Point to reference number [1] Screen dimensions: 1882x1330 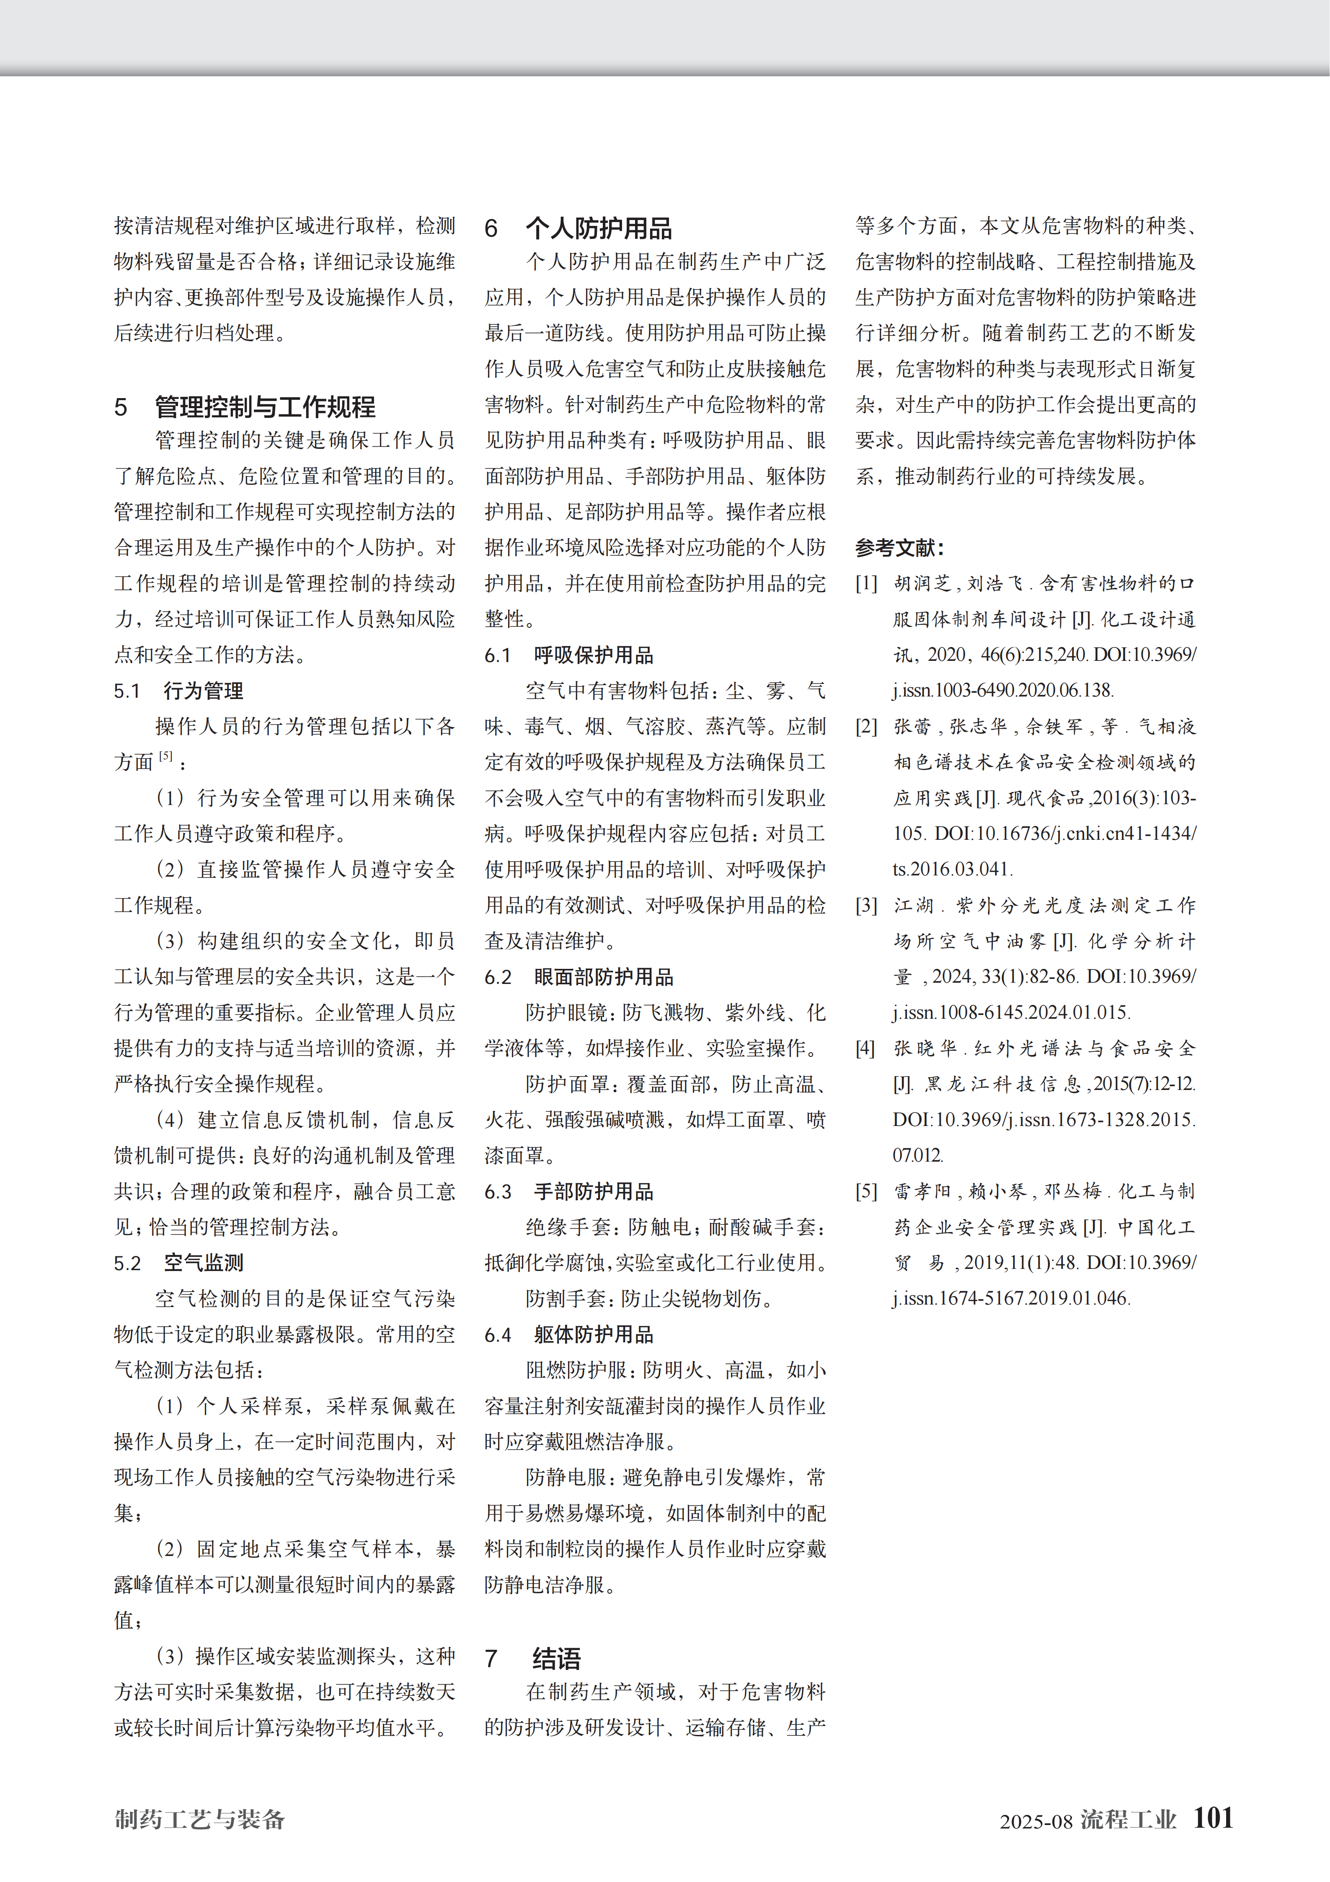pos(866,584)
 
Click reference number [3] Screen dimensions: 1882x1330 pos(866,906)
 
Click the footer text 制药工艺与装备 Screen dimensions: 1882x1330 pos(200,1820)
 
